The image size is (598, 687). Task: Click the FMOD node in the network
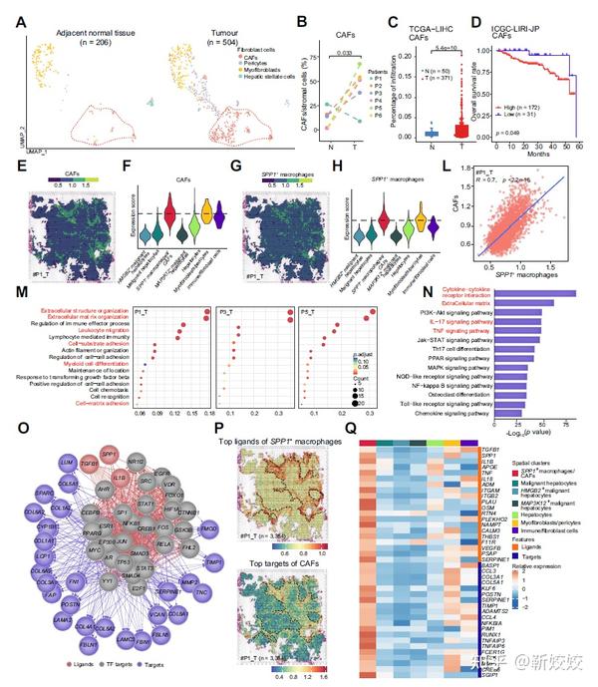(208, 473)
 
